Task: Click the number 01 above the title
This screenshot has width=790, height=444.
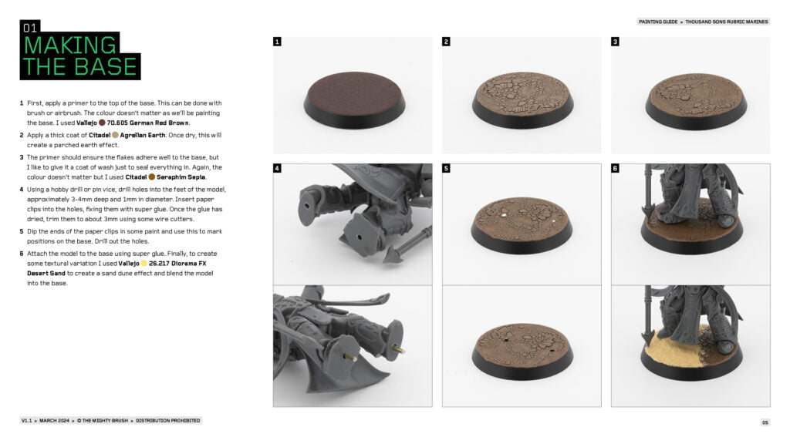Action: point(30,28)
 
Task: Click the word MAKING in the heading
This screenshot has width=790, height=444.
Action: point(69,45)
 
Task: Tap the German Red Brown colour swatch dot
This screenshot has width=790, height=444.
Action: point(102,123)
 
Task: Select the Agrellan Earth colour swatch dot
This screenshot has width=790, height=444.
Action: point(116,135)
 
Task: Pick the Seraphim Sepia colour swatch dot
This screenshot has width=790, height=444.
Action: point(152,177)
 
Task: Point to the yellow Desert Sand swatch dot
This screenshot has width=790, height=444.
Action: point(144,264)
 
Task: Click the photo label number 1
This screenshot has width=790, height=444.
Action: point(277,42)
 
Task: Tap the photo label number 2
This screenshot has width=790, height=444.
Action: point(446,42)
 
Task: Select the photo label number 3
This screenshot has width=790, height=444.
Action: point(615,42)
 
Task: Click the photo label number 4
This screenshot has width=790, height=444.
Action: point(277,168)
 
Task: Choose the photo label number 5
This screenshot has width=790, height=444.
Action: point(446,168)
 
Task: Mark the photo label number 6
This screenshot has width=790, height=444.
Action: point(615,168)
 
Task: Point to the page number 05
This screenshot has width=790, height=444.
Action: point(765,422)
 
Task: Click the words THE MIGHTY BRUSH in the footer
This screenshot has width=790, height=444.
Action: point(105,420)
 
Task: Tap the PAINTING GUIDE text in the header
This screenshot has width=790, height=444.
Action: point(658,22)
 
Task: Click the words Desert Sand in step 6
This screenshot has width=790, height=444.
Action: point(46,274)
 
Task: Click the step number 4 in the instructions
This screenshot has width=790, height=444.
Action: point(22,190)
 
